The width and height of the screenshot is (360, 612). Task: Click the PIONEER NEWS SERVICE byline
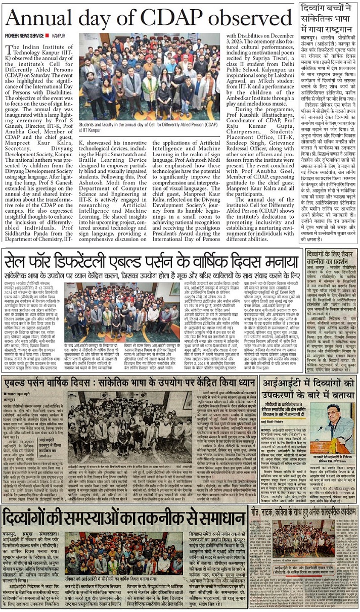(24, 36)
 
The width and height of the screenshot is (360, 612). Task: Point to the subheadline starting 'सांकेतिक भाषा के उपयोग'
(152, 277)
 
